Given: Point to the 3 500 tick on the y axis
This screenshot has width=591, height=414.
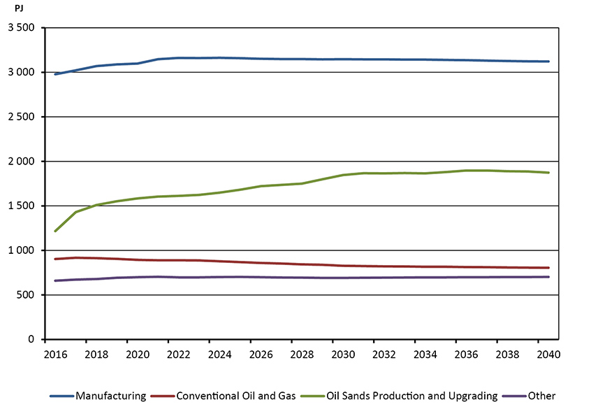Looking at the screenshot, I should tap(24, 28).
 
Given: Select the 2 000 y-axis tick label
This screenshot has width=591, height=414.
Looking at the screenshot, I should tap(24, 162).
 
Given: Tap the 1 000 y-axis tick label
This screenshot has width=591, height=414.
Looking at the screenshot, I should tap(24, 250).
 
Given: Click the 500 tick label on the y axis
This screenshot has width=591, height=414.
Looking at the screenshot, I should tap(29, 295).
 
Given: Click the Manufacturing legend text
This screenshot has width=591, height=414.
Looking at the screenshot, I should tap(111, 396).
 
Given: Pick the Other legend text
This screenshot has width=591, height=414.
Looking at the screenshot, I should tap(542, 396).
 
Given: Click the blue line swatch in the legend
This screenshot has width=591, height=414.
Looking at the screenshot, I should tap(61, 396).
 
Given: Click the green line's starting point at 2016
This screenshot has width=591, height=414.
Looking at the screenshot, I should tap(55, 231).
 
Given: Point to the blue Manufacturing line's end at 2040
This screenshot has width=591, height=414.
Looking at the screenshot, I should tap(548, 62).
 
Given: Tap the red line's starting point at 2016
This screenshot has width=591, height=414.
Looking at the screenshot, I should tap(55, 259).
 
